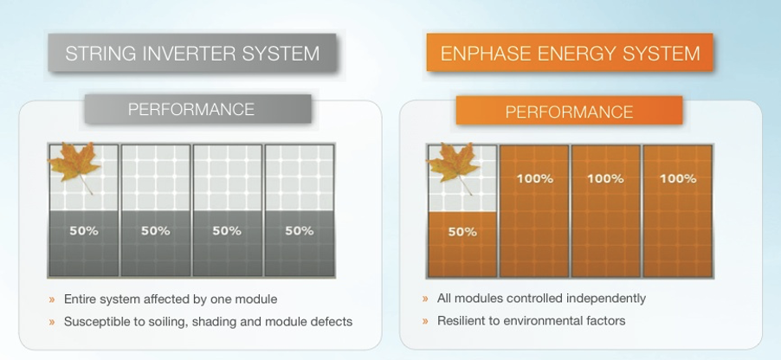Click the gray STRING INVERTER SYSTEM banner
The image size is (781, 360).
coord(192,53)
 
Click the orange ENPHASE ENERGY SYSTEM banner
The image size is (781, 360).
coord(570,52)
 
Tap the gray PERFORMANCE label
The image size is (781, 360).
coord(198,109)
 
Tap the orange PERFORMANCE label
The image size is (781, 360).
coord(570,111)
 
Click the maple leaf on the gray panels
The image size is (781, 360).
coord(74,164)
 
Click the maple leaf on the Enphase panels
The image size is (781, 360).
coord(453,166)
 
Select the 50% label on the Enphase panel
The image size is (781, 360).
coord(462,232)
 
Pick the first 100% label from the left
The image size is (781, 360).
coord(534,178)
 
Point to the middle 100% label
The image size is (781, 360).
coord(606,178)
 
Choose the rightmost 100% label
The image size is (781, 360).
coord(678,178)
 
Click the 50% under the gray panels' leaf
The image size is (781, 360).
coord(84,231)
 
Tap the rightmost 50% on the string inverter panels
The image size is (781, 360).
coord(300,231)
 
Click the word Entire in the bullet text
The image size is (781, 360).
coord(78,299)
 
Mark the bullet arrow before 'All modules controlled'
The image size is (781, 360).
coord(425,299)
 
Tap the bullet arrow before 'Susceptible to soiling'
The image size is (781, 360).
coord(52,322)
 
